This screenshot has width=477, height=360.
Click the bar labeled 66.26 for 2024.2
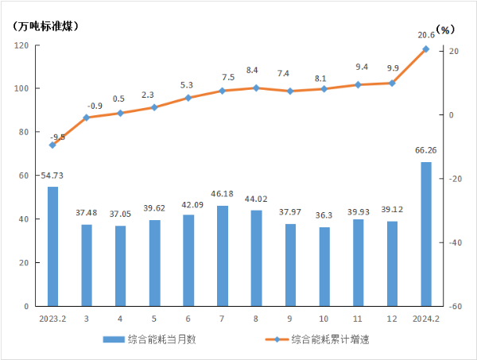point(426,234)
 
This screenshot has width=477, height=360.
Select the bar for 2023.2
point(52,246)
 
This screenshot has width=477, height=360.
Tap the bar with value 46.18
point(223,256)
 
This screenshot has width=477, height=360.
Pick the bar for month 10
point(324,266)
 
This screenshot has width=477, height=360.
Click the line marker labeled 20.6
point(426,49)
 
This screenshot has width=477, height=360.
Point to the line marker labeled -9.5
point(52,145)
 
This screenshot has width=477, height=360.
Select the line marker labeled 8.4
point(256,87)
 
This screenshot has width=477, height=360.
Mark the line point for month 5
point(154,107)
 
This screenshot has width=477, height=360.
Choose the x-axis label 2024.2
point(426,319)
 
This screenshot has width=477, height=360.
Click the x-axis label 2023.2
point(52,319)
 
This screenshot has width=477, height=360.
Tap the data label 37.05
point(120,215)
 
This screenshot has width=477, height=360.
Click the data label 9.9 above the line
point(391,69)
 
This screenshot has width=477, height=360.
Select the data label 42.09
point(188,204)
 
